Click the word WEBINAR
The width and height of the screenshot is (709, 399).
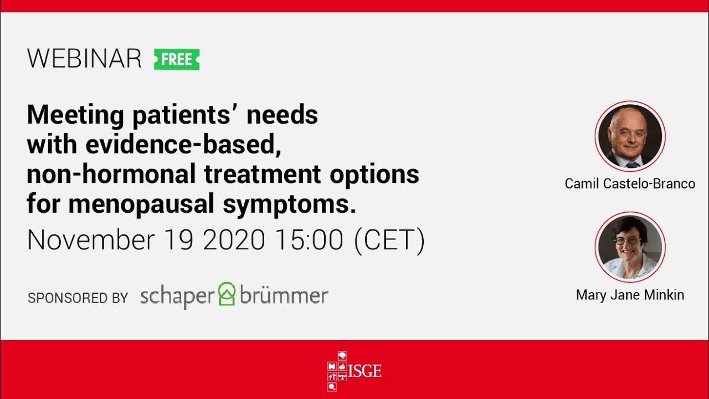(x=84, y=59)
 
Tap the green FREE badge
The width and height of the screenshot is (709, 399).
(x=177, y=59)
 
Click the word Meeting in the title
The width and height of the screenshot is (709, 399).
(x=75, y=115)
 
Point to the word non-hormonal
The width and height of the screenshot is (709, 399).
(x=111, y=175)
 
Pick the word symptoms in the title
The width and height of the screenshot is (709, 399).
(x=289, y=204)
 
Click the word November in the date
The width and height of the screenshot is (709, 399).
(x=91, y=240)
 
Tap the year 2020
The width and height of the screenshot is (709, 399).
(x=234, y=240)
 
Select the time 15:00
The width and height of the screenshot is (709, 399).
(x=308, y=240)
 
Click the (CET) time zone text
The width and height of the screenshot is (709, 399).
(x=390, y=240)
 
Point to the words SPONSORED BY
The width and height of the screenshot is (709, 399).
(x=78, y=298)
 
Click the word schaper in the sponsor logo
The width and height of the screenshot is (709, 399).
(x=177, y=296)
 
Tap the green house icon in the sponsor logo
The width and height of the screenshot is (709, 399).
(x=227, y=294)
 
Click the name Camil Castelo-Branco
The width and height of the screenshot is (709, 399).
(x=630, y=184)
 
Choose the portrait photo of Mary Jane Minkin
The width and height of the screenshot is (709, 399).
(x=630, y=247)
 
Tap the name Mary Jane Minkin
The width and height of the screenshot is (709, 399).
(x=630, y=295)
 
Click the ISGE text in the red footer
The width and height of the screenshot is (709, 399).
(x=366, y=370)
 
